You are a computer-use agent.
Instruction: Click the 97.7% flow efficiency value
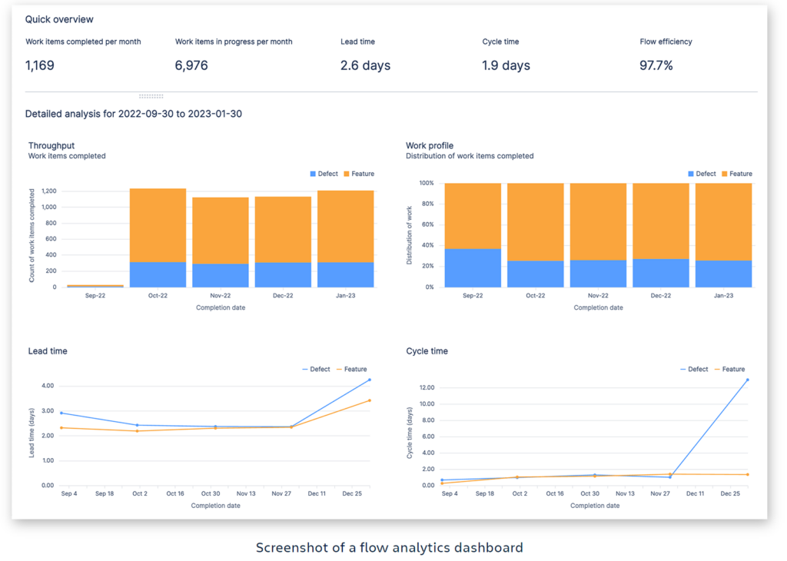pos(656,65)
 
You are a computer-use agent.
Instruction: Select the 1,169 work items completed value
pos(40,65)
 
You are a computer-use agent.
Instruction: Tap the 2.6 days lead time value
pos(365,65)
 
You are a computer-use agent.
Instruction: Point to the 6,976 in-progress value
pos(191,65)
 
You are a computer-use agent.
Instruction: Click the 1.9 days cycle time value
pos(506,65)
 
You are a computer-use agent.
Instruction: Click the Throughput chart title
pos(51,145)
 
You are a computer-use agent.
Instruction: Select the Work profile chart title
pos(430,145)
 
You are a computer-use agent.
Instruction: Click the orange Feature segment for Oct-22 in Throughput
pos(158,225)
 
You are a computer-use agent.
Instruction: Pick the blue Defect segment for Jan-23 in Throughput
pos(346,274)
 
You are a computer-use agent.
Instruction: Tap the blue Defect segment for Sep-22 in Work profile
pos(473,268)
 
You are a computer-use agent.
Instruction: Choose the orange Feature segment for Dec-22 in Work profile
pos(661,221)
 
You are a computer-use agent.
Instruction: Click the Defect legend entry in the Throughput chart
pos(324,174)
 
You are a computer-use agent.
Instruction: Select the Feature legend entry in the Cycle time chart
pos(730,370)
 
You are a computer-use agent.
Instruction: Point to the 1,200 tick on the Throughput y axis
pos(48,191)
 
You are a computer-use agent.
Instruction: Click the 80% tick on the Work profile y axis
pos(427,204)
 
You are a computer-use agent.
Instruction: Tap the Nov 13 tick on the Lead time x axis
pos(246,494)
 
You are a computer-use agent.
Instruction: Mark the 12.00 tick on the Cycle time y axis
pos(427,388)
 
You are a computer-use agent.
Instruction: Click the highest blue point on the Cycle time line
pos(747,380)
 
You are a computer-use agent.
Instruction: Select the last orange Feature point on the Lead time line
pos(370,400)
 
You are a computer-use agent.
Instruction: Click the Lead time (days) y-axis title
pos(32,433)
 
